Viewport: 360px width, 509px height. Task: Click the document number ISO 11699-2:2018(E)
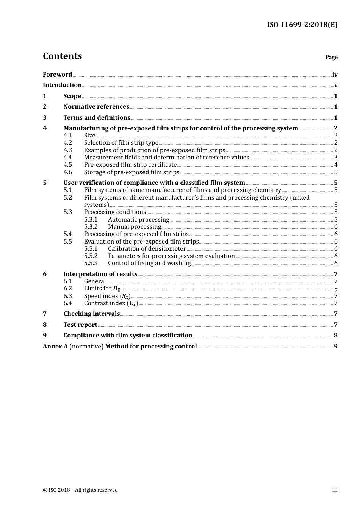click(x=302, y=25)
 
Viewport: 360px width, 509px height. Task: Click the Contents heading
click(x=62, y=56)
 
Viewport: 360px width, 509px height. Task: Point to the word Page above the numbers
click(x=331, y=57)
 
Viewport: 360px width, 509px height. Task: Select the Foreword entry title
click(x=57, y=74)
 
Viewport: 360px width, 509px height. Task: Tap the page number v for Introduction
click(x=335, y=85)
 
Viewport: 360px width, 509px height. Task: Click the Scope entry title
click(x=72, y=96)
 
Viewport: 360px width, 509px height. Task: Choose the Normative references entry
click(x=96, y=107)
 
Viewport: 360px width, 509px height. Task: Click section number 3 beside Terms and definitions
click(x=45, y=117)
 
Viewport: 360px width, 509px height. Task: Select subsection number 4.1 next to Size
click(x=67, y=136)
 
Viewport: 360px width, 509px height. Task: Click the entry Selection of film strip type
click(x=121, y=143)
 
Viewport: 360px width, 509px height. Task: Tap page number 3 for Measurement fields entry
click(x=335, y=158)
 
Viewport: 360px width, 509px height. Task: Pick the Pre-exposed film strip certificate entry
click(x=130, y=165)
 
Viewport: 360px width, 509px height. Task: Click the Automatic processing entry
click(x=138, y=220)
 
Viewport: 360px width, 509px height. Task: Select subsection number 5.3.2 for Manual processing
click(x=91, y=227)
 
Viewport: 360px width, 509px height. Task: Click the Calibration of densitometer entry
click(x=147, y=249)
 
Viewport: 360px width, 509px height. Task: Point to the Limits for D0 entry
click(x=102, y=289)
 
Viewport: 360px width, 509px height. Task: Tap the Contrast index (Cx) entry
click(x=111, y=303)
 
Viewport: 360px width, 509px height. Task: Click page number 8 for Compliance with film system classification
click(x=335, y=336)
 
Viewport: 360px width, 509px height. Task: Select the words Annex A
click(x=55, y=346)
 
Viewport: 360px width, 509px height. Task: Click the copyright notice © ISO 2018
click(x=80, y=490)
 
